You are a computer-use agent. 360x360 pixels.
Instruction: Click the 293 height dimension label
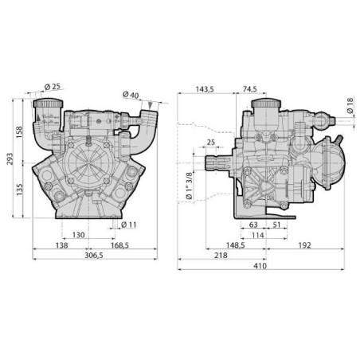click(x=10, y=159)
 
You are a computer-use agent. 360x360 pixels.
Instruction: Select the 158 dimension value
click(x=19, y=132)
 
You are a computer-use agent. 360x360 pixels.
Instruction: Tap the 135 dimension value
click(x=19, y=190)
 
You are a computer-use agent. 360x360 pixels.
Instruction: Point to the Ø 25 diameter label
click(x=53, y=87)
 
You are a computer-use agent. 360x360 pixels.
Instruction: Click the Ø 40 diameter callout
click(x=131, y=95)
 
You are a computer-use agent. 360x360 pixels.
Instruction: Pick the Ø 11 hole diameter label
click(x=129, y=225)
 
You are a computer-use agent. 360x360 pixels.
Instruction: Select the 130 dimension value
click(x=79, y=235)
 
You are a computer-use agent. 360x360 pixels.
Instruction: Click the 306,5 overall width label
click(x=94, y=256)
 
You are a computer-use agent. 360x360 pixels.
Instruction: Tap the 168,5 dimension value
click(x=119, y=245)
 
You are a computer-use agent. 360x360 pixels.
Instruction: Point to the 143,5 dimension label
click(x=205, y=89)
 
